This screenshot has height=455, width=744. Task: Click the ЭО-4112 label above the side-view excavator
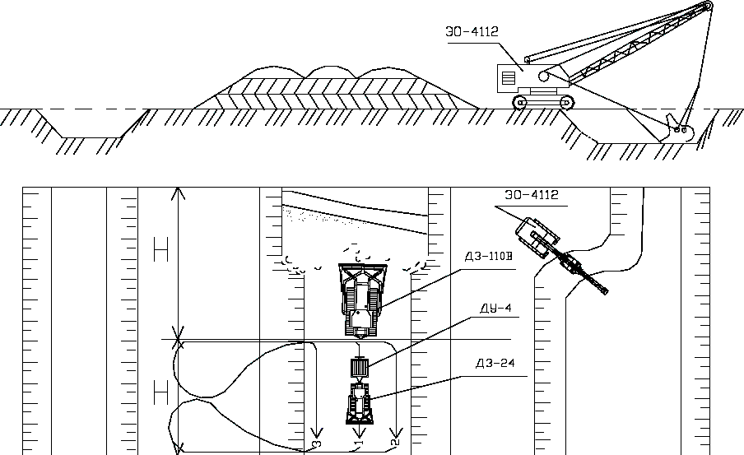[472, 32]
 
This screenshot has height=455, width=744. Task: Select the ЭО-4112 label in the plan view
[532, 195]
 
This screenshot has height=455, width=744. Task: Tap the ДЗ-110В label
[489, 257]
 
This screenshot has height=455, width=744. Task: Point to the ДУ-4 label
[495, 308]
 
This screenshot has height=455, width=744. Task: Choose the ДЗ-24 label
[495, 364]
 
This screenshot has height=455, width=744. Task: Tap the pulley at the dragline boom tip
[706, 6]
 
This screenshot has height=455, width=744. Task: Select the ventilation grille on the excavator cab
[508, 77]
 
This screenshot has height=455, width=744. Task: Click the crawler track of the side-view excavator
[543, 102]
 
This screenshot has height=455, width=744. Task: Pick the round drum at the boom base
[543, 76]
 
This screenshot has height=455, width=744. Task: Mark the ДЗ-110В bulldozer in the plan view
[362, 299]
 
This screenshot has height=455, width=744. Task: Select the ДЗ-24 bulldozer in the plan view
[359, 403]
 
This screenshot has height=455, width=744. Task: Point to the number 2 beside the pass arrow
[396, 442]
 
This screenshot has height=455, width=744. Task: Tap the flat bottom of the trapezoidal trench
[91, 137]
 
